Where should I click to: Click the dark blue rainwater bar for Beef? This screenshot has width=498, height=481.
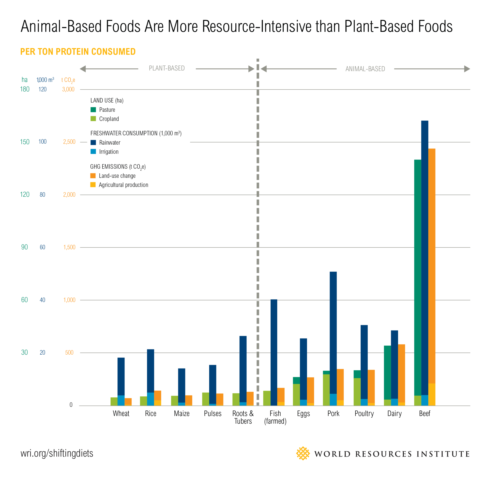pos(425,254)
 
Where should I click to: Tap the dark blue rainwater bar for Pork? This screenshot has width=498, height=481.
pos(333,330)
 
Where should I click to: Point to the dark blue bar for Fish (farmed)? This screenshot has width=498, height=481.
pos(274,350)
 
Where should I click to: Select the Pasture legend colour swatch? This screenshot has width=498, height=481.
pos(93,110)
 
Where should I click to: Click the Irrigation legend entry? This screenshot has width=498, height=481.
pos(109,152)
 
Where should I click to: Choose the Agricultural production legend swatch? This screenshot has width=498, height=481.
pos(93,185)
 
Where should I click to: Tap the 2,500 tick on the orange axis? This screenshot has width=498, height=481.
pos(69,142)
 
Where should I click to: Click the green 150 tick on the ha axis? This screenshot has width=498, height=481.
pos(25,142)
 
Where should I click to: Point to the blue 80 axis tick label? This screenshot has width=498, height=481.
pos(42,194)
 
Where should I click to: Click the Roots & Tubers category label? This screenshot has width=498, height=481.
pos(243,417)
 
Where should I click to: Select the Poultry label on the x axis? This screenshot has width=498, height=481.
pos(364,413)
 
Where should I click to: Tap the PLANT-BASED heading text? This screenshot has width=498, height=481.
pos(167,68)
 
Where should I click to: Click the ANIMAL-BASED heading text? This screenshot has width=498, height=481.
pos(365,69)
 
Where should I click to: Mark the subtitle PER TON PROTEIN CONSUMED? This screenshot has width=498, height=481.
pos(78,52)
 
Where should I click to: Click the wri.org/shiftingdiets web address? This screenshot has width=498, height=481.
pos(57,453)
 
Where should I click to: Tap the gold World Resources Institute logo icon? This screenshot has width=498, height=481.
pos(303,453)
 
